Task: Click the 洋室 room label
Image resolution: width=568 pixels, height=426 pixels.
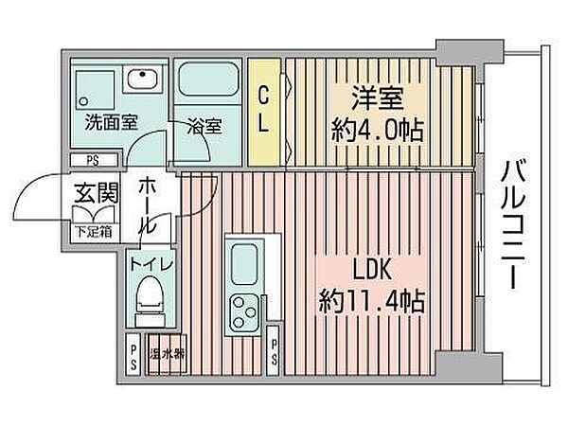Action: point(378,98)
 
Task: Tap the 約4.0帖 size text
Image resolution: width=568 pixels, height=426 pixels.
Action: point(378,131)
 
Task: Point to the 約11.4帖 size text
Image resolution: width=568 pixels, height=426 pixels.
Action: point(372,301)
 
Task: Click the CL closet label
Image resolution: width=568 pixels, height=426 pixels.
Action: point(264,111)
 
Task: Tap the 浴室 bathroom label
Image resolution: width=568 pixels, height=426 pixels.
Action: point(204,126)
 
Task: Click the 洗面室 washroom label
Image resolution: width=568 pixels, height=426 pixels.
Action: point(112,122)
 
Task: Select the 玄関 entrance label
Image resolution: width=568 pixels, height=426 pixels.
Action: point(97,192)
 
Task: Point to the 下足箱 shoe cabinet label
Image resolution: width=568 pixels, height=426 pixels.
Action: point(94,231)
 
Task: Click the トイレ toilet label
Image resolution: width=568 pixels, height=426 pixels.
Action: point(151,265)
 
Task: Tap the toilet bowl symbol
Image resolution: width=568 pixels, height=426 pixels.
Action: point(150,301)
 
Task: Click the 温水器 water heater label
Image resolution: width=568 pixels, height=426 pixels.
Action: point(168,353)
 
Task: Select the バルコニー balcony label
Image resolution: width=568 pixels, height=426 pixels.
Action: point(513,225)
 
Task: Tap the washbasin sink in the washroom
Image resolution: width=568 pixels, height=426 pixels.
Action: point(143,79)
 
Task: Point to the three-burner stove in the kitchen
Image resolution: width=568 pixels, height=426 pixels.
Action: point(244,311)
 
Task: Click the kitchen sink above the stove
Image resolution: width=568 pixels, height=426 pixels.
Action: point(244,264)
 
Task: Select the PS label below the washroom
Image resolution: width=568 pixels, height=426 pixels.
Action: point(93,160)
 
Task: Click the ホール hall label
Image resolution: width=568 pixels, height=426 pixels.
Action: point(148,205)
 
